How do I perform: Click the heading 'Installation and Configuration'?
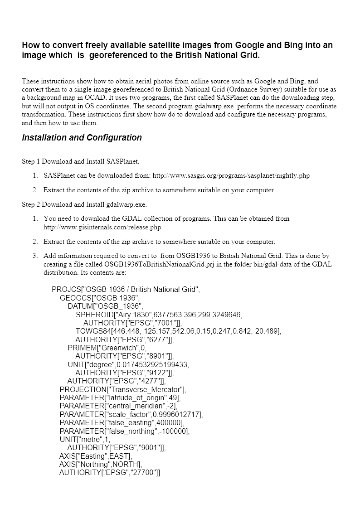point(82,138)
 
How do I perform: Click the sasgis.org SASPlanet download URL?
point(231,175)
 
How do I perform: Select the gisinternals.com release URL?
point(102,227)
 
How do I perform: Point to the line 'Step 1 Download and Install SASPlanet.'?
point(81,161)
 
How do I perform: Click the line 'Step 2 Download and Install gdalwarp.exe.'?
point(84,204)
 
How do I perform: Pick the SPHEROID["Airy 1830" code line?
point(159,315)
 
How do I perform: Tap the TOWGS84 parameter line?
point(178,331)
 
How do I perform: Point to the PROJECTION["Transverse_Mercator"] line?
point(123,389)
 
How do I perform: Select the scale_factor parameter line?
point(131,414)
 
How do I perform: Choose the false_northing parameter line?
point(125,431)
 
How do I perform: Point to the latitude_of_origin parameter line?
point(120,398)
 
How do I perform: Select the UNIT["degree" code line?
point(128,364)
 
